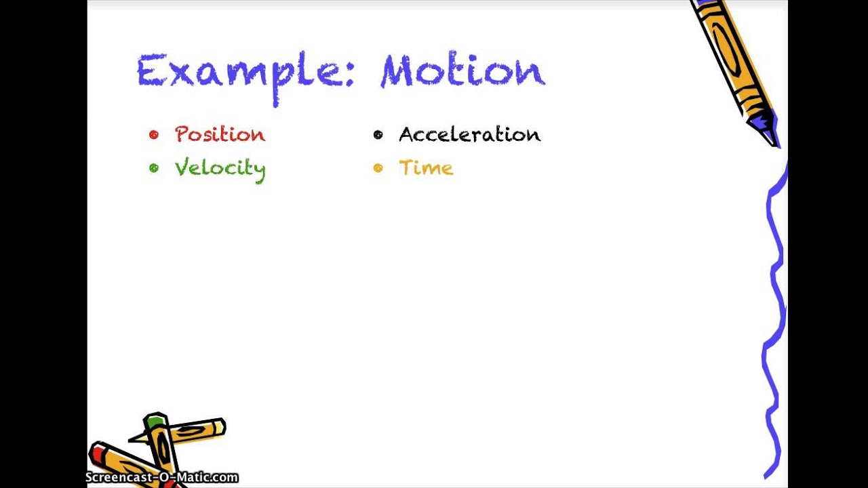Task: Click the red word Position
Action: (x=219, y=134)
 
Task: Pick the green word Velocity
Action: (x=219, y=168)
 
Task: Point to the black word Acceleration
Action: (x=469, y=134)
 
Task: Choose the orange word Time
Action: (x=425, y=168)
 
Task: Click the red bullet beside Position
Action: (x=154, y=134)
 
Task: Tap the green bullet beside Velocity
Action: (x=154, y=167)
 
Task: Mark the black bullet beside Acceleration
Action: (x=378, y=134)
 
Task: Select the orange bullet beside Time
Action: (x=378, y=167)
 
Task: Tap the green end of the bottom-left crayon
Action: (x=155, y=422)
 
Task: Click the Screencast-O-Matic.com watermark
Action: (x=161, y=478)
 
